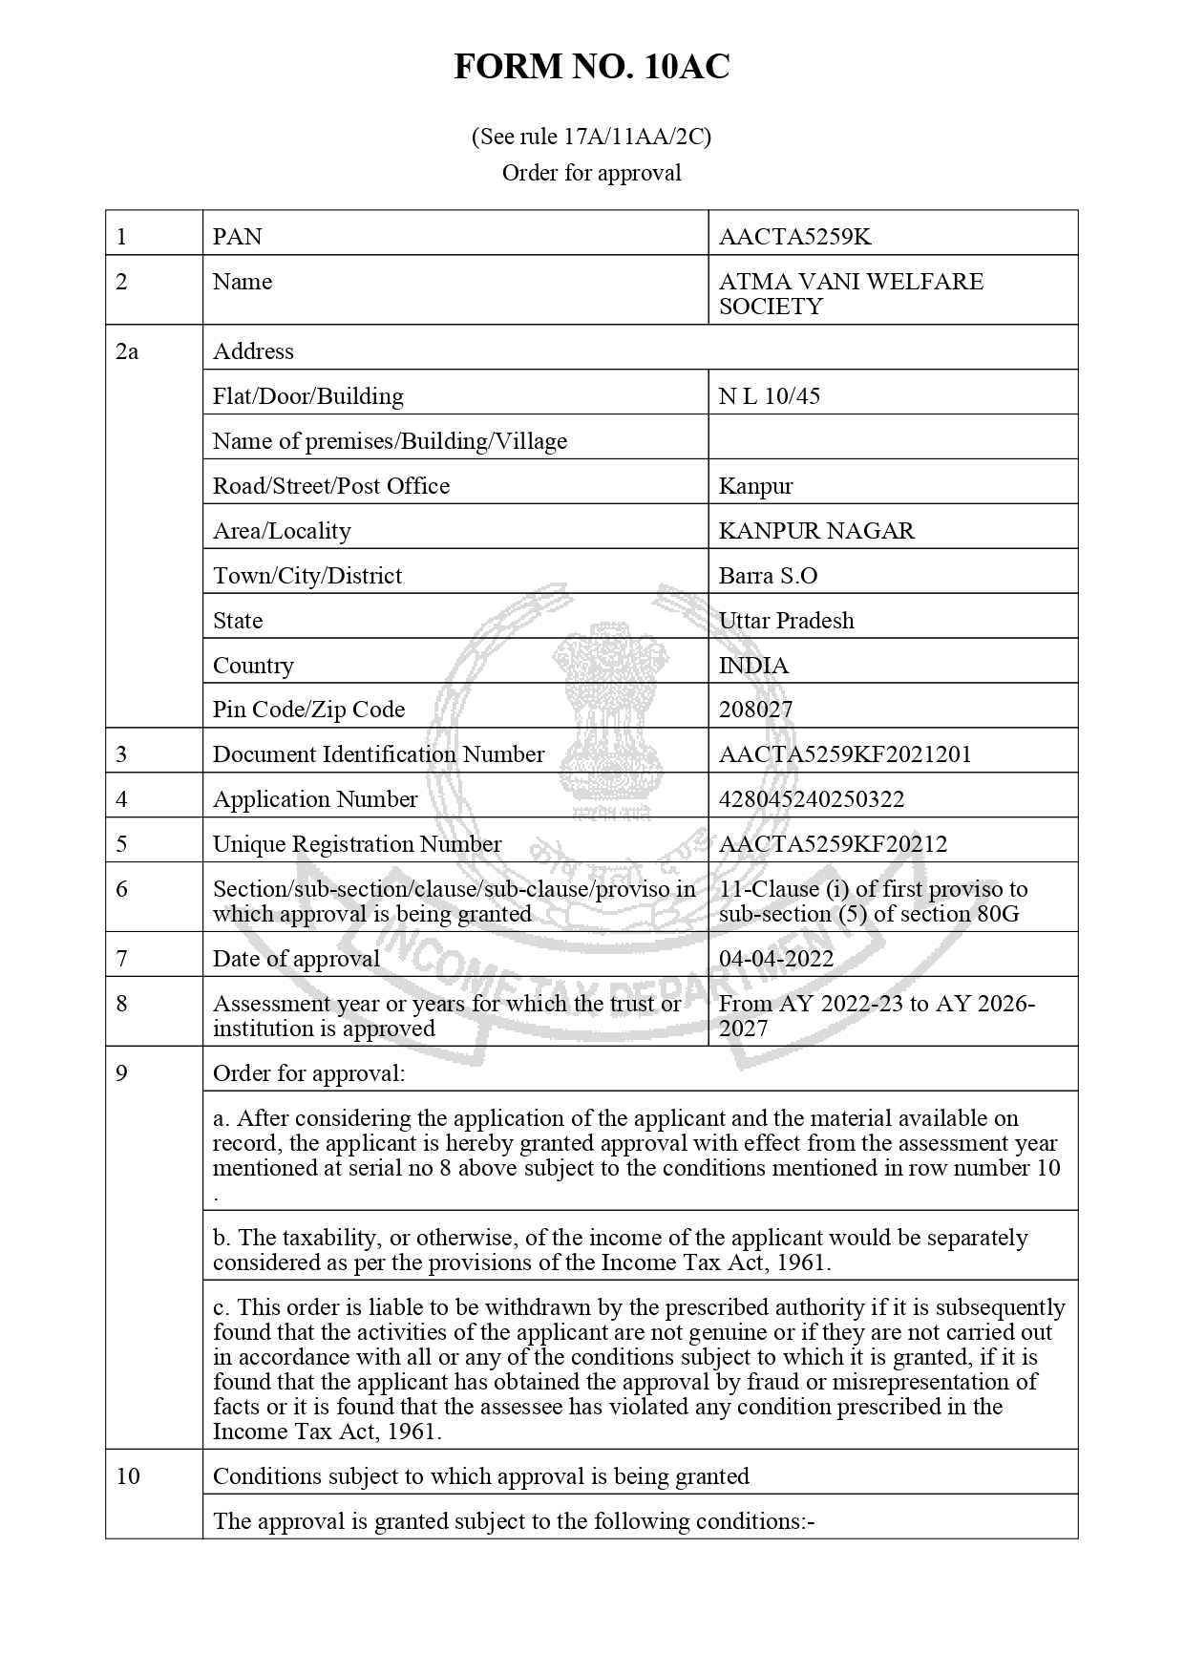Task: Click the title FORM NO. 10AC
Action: point(591,67)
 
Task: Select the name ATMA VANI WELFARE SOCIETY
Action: point(850,294)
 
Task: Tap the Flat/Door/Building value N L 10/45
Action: point(769,396)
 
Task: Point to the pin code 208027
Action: point(755,710)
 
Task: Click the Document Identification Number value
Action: point(844,754)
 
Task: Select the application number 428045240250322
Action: point(811,799)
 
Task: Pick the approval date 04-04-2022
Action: point(775,959)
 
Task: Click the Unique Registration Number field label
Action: point(356,844)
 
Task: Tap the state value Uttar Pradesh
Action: point(786,621)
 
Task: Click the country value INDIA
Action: point(753,666)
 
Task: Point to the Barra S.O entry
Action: point(768,576)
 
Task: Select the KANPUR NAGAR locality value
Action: point(816,531)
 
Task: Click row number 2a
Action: point(127,351)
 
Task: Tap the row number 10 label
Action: point(128,1476)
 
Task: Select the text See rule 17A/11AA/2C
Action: point(591,137)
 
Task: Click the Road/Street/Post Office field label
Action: point(330,486)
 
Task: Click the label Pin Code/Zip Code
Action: point(308,710)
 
